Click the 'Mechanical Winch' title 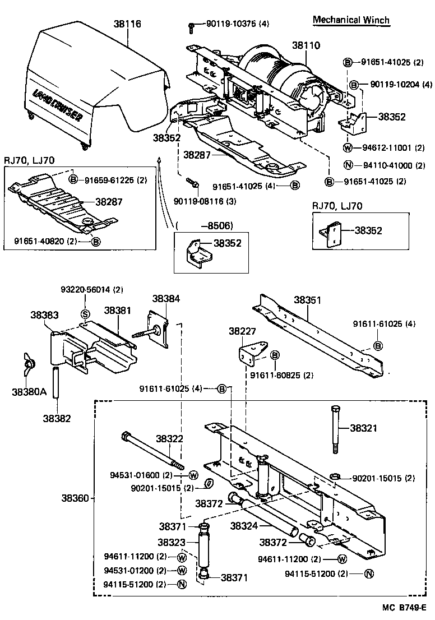(350, 20)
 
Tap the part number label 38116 (127, 24)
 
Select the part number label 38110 (306, 45)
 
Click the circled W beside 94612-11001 (348, 148)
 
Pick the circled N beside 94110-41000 (348, 165)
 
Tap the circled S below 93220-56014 (86, 313)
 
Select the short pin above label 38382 (56, 382)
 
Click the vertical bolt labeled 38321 (335, 428)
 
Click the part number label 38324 (243, 526)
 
